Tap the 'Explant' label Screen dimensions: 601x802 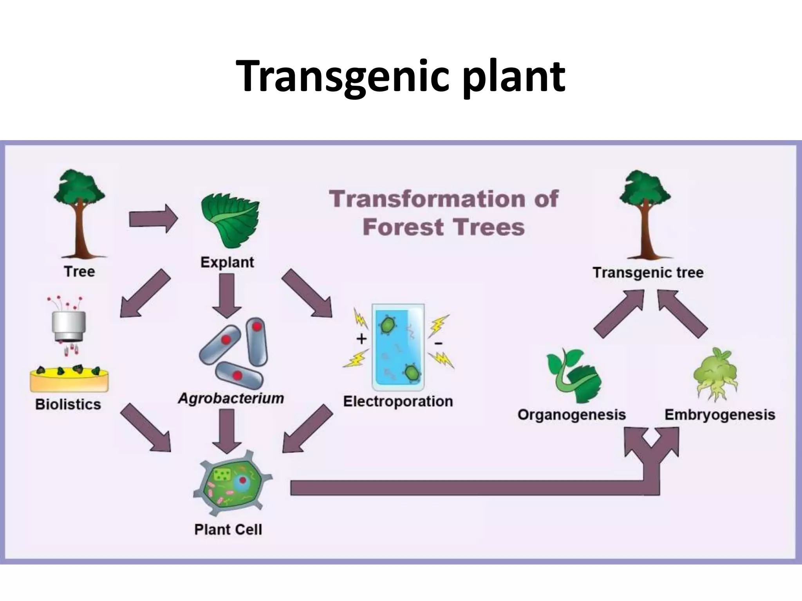tap(227, 262)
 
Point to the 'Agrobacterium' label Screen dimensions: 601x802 tap(231, 398)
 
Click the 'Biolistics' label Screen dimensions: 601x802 tap(68, 404)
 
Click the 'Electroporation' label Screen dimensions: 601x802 tap(398, 401)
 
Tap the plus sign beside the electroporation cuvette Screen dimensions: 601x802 tap(361, 338)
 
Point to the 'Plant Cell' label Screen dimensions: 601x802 tap(228, 529)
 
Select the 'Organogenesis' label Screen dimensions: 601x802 tap(571, 415)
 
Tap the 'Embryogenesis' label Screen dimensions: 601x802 tap(719, 415)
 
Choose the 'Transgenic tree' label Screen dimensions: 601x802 tap(648, 272)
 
